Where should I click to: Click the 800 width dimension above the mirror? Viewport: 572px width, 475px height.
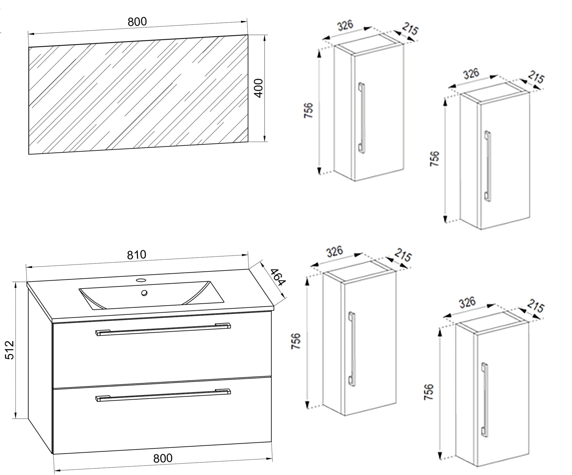coord(137,22)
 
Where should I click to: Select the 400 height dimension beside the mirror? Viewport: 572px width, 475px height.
coord(259,88)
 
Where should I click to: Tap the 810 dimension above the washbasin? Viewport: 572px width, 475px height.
coord(136,255)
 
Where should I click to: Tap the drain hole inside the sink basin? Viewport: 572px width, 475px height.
coord(144,293)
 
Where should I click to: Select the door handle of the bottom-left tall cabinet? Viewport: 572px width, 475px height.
coord(352,349)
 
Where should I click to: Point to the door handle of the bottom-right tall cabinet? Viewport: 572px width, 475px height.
coord(485,400)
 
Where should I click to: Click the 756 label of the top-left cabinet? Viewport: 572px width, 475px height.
coord(309,110)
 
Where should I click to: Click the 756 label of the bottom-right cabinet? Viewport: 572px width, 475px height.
coord(429,392)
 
